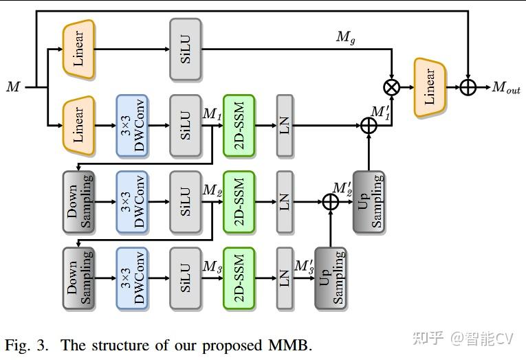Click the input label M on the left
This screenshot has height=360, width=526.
point(13,87)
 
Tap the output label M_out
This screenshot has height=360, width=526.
point(506,87)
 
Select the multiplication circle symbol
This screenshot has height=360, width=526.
point(392,87)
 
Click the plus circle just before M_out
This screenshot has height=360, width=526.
point(468,87)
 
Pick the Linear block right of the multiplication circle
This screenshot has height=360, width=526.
point(430,87)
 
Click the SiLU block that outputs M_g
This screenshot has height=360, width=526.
point(186,49)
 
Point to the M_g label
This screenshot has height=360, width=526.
point(344,37)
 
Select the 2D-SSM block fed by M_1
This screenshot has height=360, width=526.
point(239,126)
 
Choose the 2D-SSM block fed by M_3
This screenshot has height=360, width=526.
point(239,278)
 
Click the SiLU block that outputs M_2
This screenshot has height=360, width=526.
point(186,202)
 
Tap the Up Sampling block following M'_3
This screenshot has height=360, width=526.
point(331,278)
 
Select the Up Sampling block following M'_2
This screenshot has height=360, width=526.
point(369,202)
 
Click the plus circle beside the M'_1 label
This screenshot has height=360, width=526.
point(369,126)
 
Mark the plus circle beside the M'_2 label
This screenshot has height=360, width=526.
point(331,202)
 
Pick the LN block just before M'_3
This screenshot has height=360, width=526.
point(285,278)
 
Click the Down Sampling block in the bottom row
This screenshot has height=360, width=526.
point(78,278)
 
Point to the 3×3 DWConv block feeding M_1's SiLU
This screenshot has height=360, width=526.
point(132,126)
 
